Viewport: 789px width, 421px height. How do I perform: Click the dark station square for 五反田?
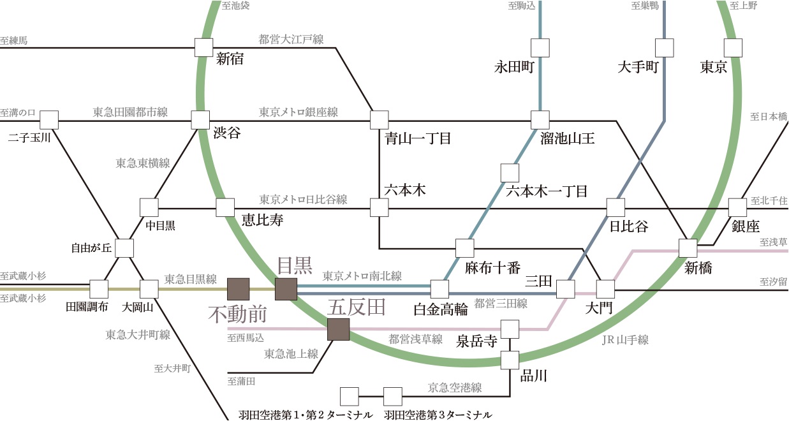pos(339,329)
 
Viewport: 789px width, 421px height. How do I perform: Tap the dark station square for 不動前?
pos(239,289)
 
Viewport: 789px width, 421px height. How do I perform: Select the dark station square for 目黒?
pos(286,289)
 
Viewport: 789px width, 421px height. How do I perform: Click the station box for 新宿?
pos(204,48)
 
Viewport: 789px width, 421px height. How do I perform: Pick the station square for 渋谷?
pos(200,120)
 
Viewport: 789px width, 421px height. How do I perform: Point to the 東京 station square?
pos(734,48)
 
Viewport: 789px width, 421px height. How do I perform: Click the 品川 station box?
pos(510,360)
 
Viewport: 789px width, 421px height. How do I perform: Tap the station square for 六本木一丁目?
pos(510,173)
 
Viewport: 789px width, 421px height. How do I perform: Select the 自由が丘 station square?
pos(124,248)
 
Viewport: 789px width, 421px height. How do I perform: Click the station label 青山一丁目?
pos(418,138)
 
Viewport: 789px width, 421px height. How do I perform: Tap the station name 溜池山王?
pos(568,138)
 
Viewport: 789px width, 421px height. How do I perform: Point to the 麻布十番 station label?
pos(492,268)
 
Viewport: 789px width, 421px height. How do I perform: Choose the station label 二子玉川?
pos(29,138)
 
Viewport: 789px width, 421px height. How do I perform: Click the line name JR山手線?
pos(625,340)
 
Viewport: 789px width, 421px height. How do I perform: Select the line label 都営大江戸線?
pos(291,39)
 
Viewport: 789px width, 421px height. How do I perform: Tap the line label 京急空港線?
pos(455,388)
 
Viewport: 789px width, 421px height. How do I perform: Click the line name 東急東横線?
pos(143,163)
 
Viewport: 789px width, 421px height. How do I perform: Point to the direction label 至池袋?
pos(235,6)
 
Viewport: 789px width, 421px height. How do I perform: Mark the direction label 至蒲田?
pos(241,381)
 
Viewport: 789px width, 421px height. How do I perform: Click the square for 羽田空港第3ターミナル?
pos(393,397)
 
